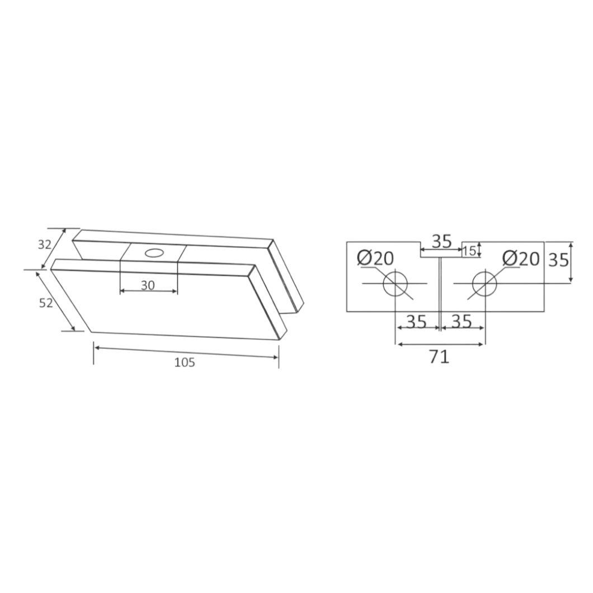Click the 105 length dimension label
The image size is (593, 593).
pyautogui.click(x=185, y=363)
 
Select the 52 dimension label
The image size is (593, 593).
pyautogui.click(x=46, y=303)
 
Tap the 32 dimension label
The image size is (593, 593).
pyautogui.click(x=44, y=244)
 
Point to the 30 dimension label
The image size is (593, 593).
pyautogui.click(x=148, y=285)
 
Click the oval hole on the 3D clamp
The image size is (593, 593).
pyautogui.click(x=154, y=253)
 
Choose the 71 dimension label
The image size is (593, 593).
pyautogui.click(x=440, y=356)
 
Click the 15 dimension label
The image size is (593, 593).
pyautogui.click(x=469, y=251)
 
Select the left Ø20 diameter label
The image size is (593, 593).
pyautogui.click(x=375, y=258)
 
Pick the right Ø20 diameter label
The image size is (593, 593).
pyautogui.click(x=521, y=258)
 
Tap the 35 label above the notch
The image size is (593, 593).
pyautogui.click(x=442, y=241)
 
